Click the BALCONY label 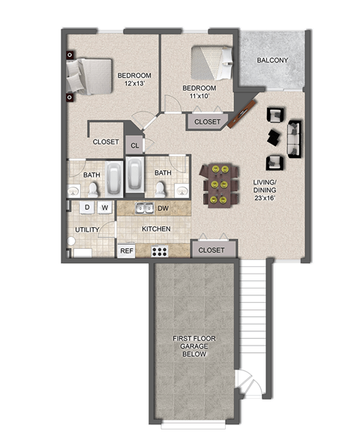point(272,61)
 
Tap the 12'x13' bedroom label point(135,79)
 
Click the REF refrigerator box point(126,250)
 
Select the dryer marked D point(87,207)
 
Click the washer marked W point(104,207)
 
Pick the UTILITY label point(88,229)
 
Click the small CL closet point(134,145)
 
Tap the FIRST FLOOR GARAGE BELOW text point(194,346)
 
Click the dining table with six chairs point(219,184)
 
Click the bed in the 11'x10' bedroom point(214,62)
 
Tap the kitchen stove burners point(160,251)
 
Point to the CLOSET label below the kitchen point(211,250)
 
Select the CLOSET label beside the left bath point(106,142)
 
